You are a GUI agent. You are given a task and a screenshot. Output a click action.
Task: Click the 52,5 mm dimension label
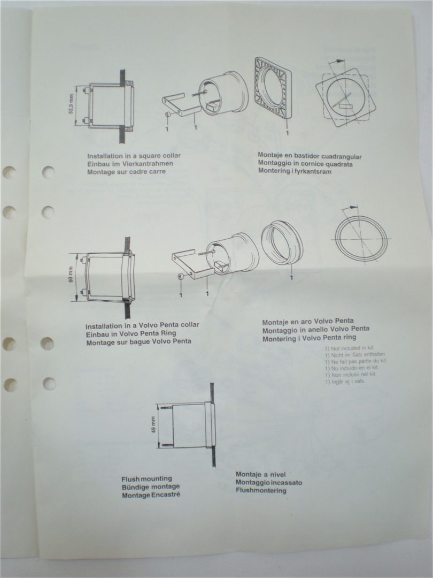[x=71, y=104]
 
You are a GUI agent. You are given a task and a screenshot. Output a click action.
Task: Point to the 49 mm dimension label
[x=153, y=424]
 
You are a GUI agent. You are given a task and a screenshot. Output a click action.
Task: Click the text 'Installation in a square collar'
[x=134, y=156]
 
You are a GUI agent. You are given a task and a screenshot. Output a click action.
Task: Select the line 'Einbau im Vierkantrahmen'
[x=130, y=164]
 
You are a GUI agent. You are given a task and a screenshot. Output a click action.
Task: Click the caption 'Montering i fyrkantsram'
[x=295, y=171]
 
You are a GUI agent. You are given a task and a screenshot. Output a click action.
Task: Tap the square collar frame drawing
[x=273, y=88]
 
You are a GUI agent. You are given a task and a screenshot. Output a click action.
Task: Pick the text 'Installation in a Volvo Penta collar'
[x=142, y=325]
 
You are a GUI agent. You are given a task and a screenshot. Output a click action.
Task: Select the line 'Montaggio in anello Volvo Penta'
[x=316, y=330]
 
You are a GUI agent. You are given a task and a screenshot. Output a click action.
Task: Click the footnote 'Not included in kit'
[x=349, y=348]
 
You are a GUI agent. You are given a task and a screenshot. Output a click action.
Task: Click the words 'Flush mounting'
[x=147, y=479]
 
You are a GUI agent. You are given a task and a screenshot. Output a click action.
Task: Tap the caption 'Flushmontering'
[x=261, y=491]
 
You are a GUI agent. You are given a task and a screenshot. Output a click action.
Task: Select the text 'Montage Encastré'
[x=151, y=495]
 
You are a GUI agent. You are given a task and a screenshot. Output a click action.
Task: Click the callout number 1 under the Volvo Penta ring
[x=291, y=277]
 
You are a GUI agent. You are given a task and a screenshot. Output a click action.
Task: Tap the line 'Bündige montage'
[x=151, y=487]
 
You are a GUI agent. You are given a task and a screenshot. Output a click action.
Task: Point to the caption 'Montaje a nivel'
[x=261, y=474]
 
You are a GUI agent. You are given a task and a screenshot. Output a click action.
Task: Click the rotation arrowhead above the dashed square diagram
[x=341, y=61]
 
